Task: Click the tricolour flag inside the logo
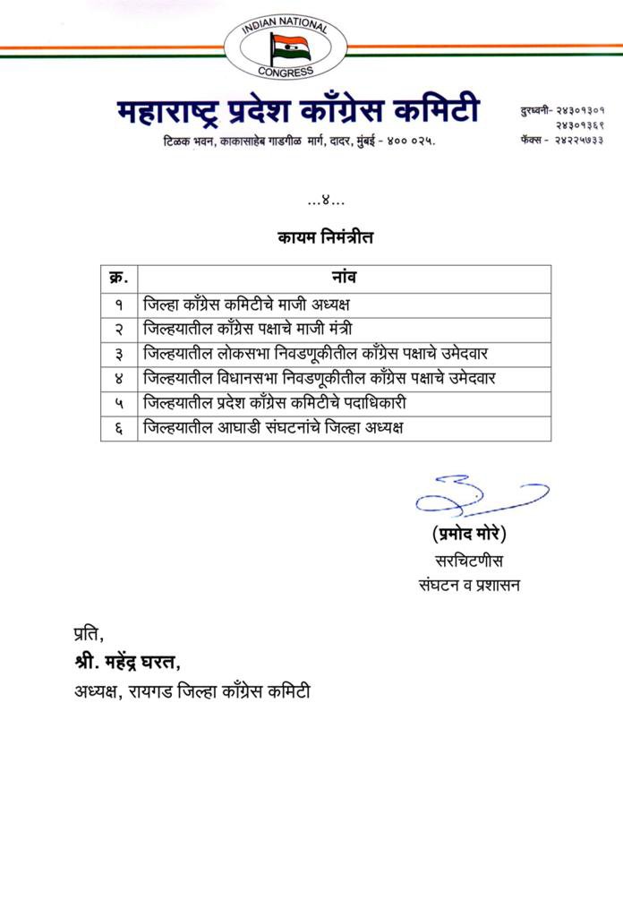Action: click(x=291, y=45)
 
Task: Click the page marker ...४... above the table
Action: click(x=325, y=202)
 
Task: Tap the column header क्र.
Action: click(x=119, y=277)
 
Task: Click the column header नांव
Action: click(x=345, y=277)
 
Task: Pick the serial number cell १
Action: click(x=119, y=304)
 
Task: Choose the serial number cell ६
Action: click(x=119, y=428)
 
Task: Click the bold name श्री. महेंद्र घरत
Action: click(x=127, y=663)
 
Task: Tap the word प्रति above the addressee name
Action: click(x=89, y=635)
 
